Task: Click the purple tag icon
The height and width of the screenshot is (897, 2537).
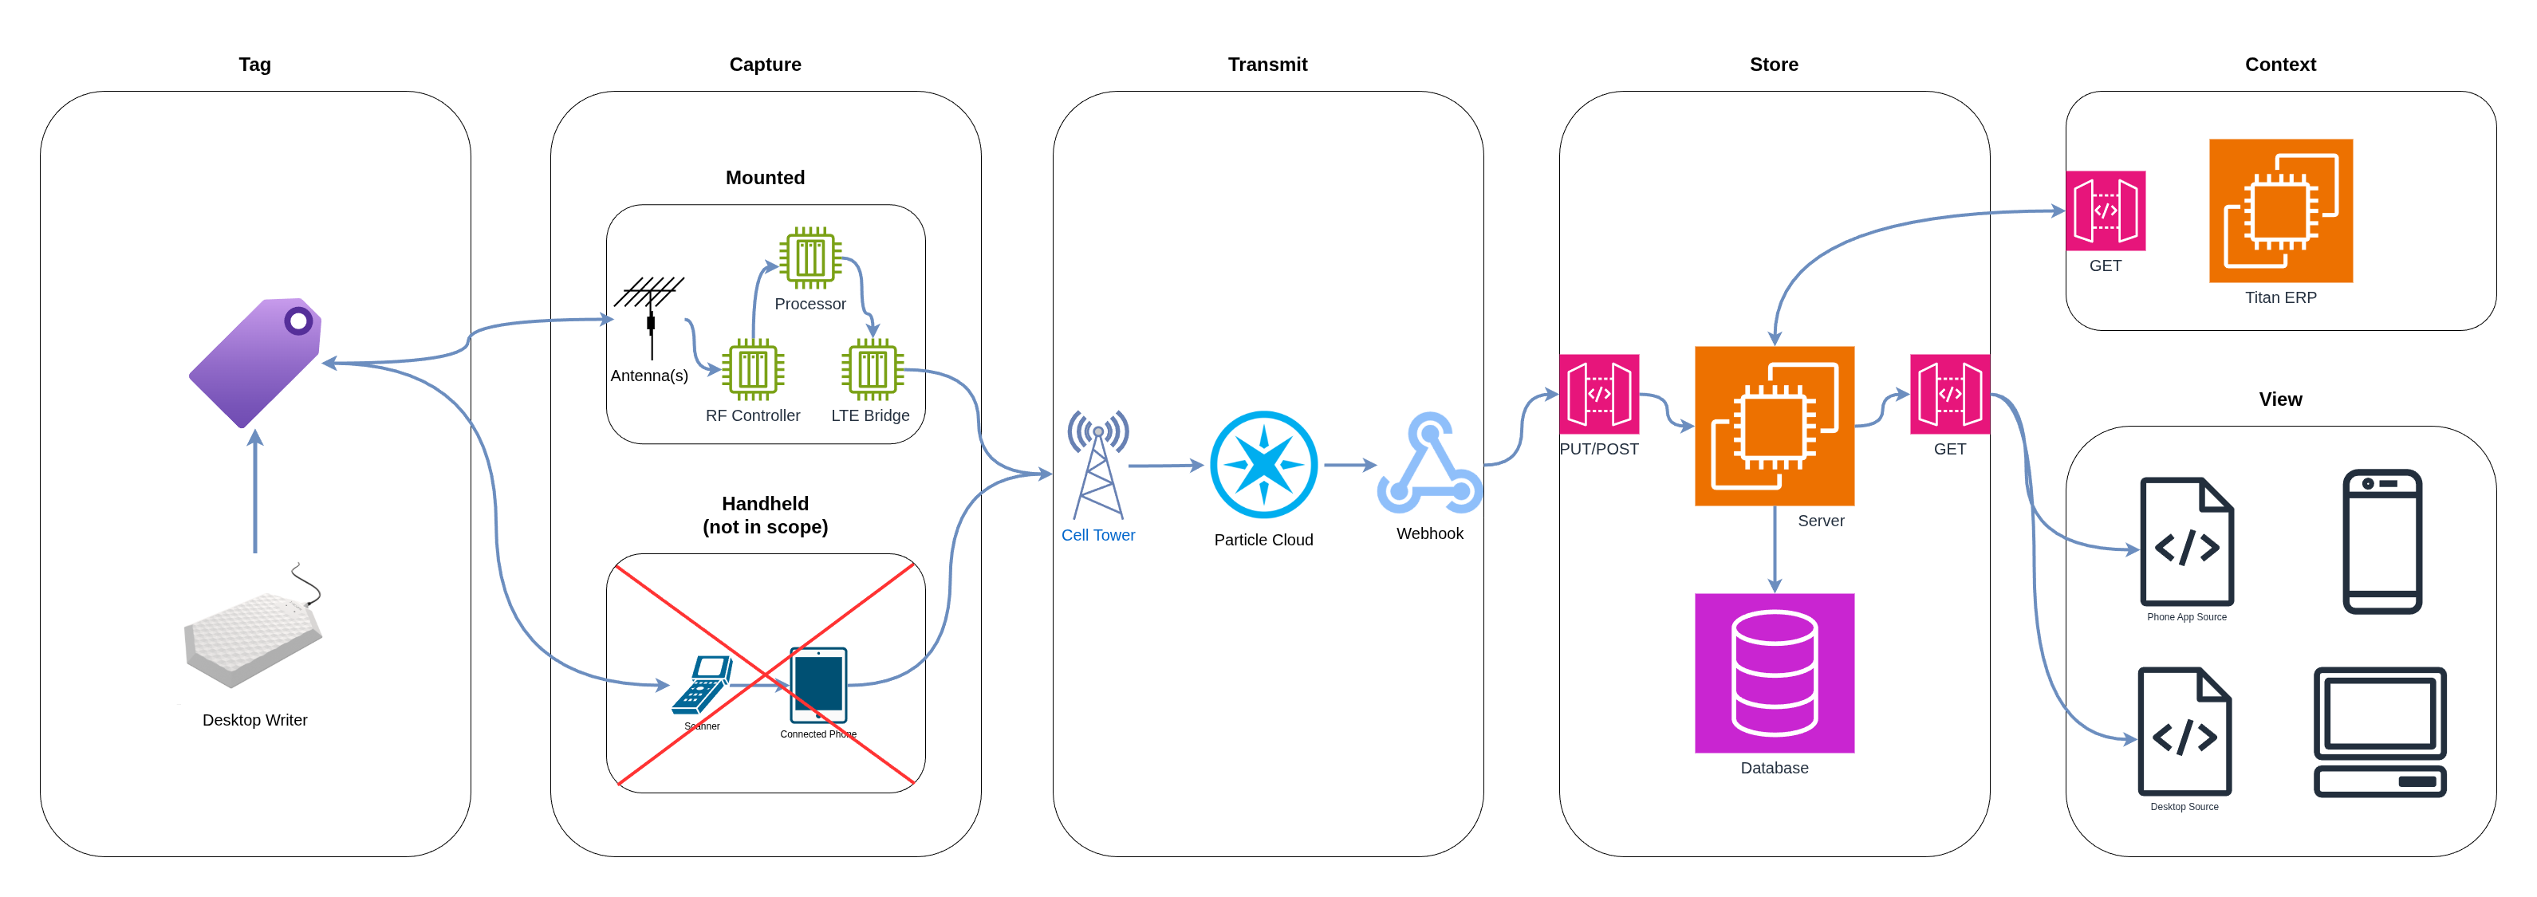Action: pos(255,361)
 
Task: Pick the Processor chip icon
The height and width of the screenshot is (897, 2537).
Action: pos(810,258)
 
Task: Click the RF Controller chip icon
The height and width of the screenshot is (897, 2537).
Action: pos(752,369)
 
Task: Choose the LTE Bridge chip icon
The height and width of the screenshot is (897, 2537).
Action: pos(872,369)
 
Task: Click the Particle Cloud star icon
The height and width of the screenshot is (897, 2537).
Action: pos(1263,465)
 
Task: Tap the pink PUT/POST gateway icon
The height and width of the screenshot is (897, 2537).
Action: pos(1598,394)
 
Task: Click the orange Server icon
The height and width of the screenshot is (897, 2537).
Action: pos(1774,425)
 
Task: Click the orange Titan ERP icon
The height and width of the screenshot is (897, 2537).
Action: pos(2280,210)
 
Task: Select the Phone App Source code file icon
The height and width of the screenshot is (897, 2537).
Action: pos(2186,541)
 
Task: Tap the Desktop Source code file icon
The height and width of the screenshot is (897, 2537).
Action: pos(2184,732)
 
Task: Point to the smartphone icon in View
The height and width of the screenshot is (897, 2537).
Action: pos(2381,541)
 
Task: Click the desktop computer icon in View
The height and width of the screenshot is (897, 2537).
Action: pos(2379,732)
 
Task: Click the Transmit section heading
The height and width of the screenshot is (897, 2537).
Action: pos(1267,64)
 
